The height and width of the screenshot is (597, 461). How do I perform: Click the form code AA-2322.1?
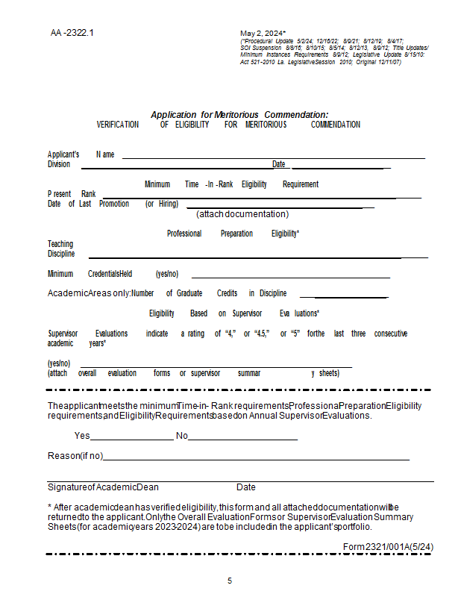(72, 33)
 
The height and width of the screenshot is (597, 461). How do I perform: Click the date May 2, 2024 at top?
(263, 34)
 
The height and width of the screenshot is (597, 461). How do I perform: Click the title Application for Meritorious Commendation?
(239, 114)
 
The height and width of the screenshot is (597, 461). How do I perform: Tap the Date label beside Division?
(279, 164)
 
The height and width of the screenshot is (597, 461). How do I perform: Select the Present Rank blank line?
(261, 197)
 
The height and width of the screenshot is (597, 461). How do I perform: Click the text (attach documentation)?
(242, 214)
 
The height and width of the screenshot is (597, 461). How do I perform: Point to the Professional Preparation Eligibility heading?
(233, 234)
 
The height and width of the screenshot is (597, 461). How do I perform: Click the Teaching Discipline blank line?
(258, 257)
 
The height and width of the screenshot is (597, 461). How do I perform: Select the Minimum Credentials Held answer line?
(290, 277)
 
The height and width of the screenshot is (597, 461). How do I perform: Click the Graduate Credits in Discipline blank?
(344, 297)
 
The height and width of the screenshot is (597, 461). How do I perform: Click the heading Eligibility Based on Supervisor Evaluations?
(233, 313)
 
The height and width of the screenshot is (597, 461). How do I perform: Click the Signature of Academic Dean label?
(103, 487)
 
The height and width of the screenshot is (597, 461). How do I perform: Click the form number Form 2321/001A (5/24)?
(388, 547)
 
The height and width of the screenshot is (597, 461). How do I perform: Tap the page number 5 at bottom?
(230, 581)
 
